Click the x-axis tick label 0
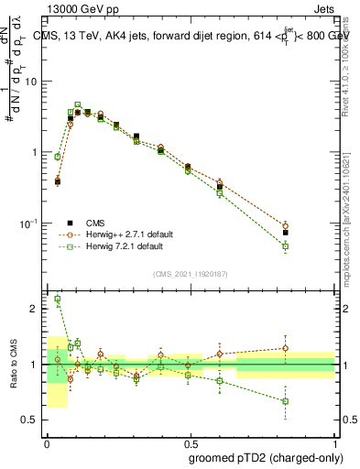tap(47, 441)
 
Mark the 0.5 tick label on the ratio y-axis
tap(31, 420)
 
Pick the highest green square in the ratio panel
tap(58, 299)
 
